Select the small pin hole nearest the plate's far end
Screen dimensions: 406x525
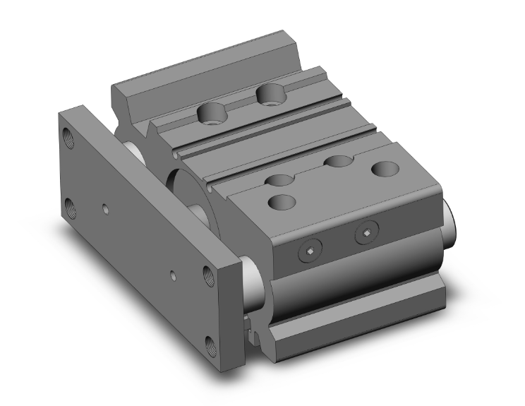point(104,209)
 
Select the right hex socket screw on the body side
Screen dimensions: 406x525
point(366,234)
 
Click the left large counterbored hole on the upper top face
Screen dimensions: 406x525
point(211,112)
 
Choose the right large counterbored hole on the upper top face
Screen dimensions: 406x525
point(268,92)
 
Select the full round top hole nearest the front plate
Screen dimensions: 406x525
point(283,202)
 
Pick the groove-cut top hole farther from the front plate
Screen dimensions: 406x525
point(338,162)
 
